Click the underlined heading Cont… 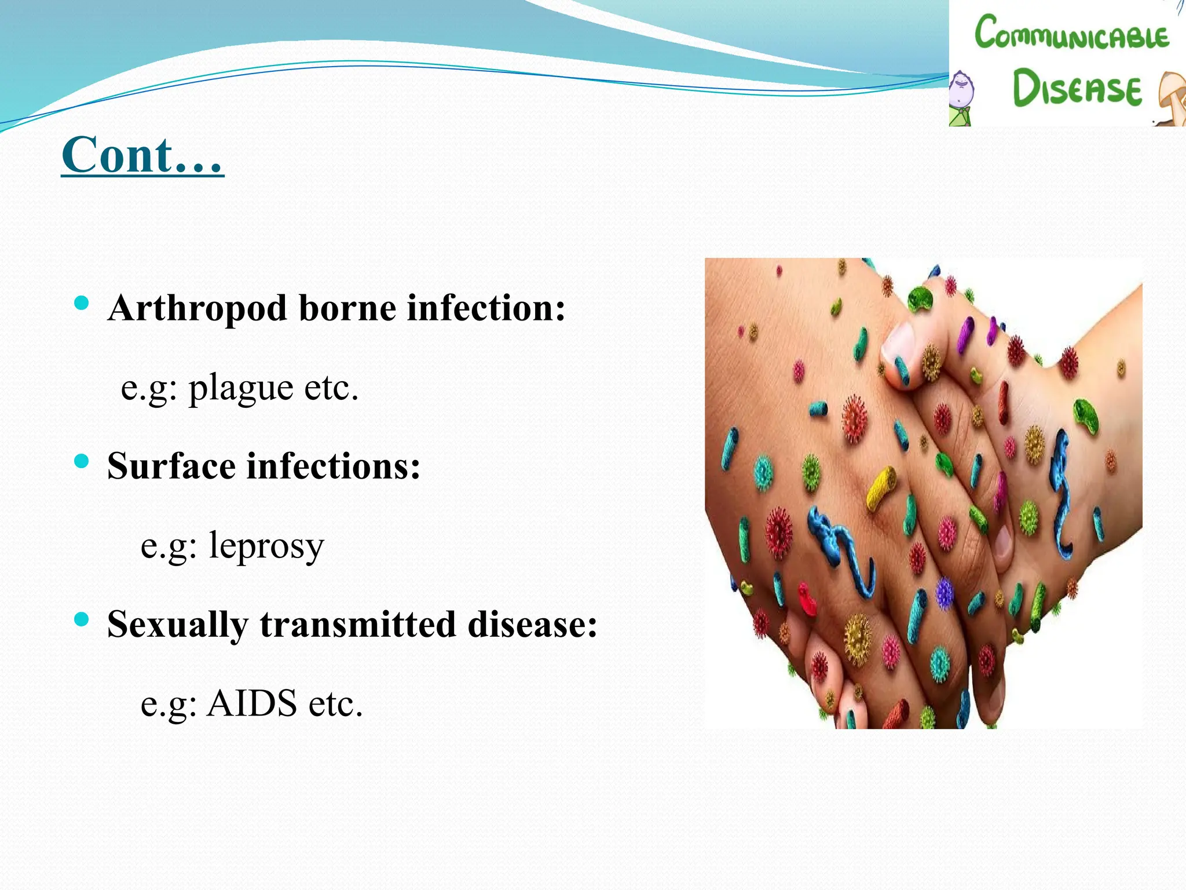click(x=142, y=155)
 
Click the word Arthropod click(x=197, y=308)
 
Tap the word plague click(x=241, y=388)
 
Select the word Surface click(x=171, y=466)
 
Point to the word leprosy click(x=266, y=546)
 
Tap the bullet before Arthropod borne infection click(x=82, y=302)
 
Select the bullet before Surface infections click(x=82, y=461)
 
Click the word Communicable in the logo click(x=1071, y=34)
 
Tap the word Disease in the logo click(x=1077, y=88)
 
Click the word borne click(x=347, y=308)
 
